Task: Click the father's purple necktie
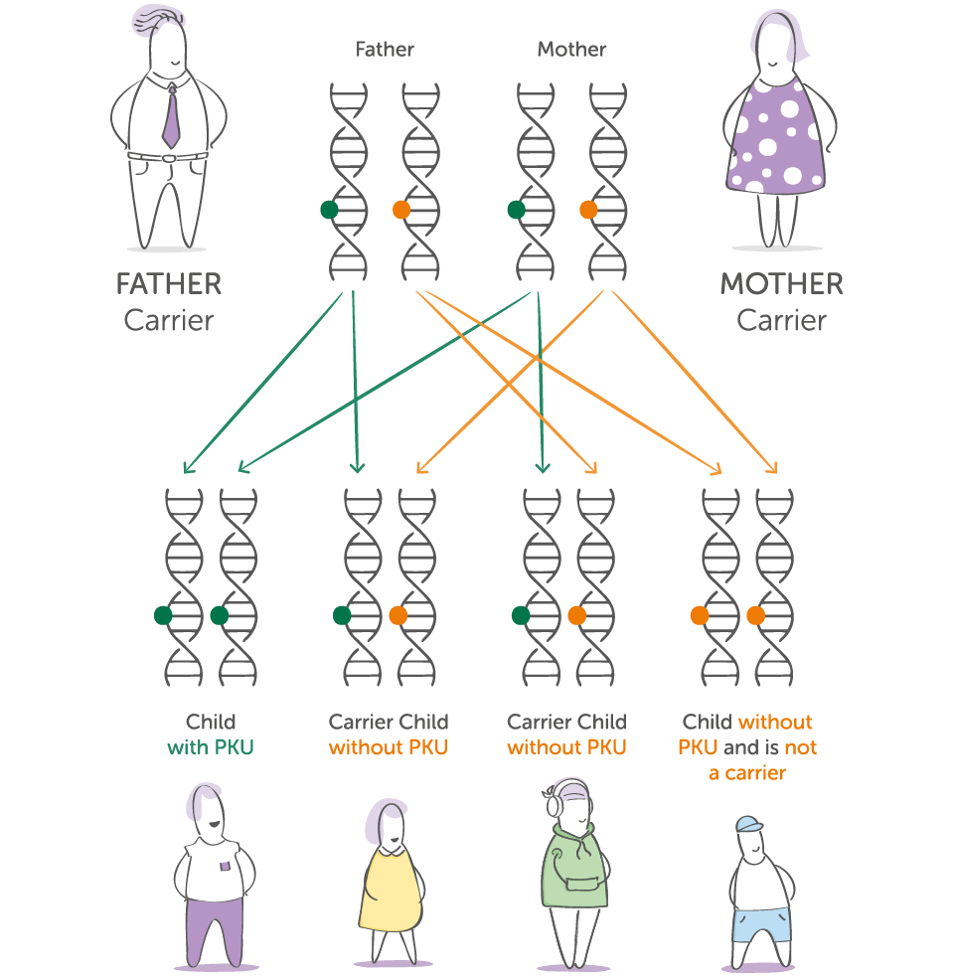171,116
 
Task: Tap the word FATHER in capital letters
168,284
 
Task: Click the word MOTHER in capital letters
781,284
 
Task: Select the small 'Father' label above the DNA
385,49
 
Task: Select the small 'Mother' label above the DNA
571,49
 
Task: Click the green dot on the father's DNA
329,210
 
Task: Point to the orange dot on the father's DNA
401,210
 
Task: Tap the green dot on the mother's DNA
516,210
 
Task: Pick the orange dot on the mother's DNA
588,210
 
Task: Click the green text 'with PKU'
211,747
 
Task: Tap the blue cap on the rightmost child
748,825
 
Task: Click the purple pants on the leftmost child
215,924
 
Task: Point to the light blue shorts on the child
759,923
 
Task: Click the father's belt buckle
170,157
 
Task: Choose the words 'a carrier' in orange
746,772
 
